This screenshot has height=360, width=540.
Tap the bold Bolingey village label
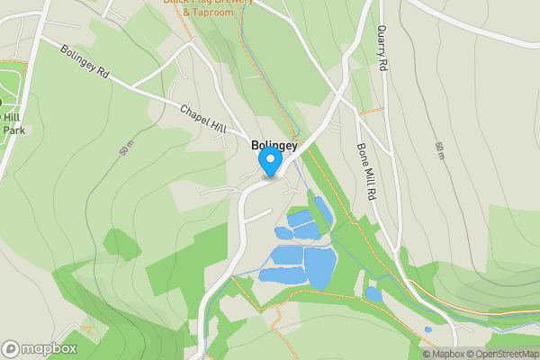(x=274, y=144)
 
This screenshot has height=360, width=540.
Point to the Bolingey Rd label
(x=85, y=65)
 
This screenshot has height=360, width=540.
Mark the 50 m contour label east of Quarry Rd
(x=439, y=151)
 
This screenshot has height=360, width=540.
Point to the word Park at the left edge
(x=13, y=130)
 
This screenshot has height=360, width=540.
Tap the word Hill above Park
(x=11, y=117)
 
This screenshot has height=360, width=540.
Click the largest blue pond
(x=319, y=267)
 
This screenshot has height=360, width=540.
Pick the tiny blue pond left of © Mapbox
(x=427, y=329)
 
